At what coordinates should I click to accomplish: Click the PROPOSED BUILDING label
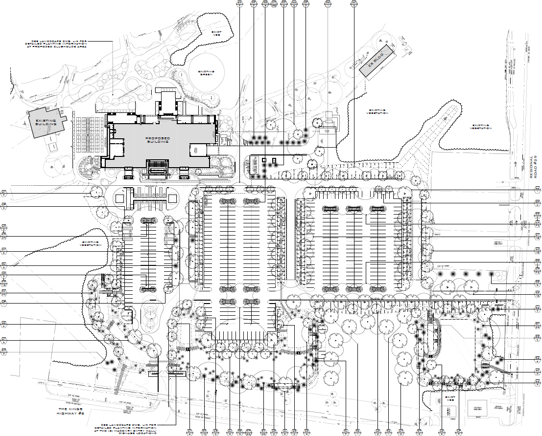[x=158, y=140]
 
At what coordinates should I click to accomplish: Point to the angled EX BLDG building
[x=377, y=61]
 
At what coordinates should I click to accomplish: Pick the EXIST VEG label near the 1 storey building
[x=451, y=399]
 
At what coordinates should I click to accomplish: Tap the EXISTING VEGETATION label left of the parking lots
[x=91, y=243]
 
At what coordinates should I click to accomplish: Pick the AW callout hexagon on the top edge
[x=239, y=3]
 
